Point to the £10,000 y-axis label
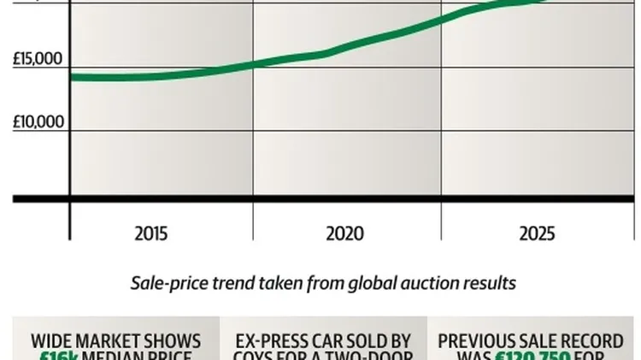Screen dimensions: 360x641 38,121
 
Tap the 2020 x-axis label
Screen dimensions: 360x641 345,233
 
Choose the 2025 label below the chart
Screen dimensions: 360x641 536,233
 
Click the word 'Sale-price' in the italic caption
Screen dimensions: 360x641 168,283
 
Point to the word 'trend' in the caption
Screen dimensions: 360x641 228,283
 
